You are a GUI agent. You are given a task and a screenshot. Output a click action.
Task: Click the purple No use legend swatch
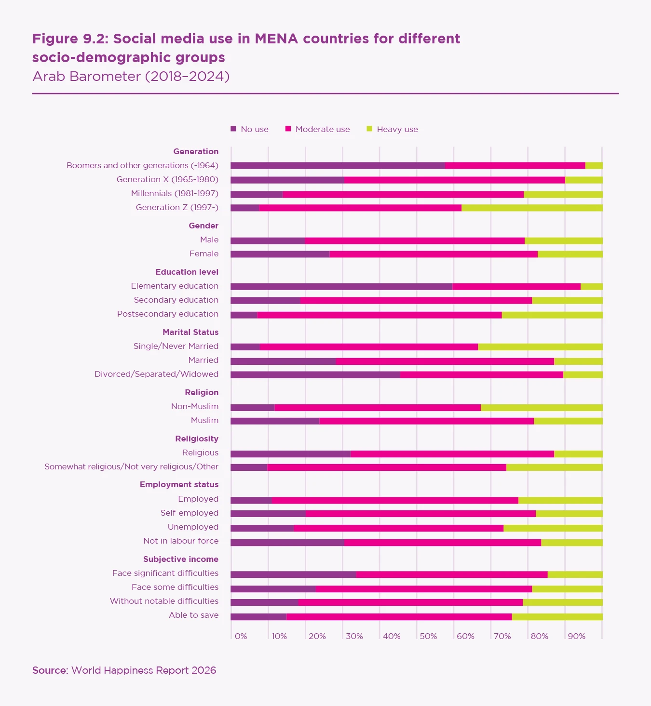coord(233,129)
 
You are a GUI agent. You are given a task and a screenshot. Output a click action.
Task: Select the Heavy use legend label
coord(397,129)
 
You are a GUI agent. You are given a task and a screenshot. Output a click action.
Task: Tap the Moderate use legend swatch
coord(288,129)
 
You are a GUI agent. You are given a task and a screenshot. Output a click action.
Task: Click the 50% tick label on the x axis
coord(428,636)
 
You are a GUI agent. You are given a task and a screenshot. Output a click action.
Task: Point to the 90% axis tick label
coord(576,636)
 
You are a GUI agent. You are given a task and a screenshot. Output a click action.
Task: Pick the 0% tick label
coord(241,636)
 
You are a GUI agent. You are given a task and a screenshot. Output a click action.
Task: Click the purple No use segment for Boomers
coord(338,166)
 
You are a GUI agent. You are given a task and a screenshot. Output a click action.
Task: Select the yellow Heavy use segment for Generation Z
coord(532,208)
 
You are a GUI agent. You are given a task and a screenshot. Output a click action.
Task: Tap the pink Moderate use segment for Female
coord(434,254)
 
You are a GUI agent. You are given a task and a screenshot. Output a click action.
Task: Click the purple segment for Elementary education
coord(341,286)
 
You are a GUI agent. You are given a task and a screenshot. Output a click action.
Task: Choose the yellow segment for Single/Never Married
coord(540,346)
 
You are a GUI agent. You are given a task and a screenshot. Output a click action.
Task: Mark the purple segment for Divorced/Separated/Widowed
coord(315,374)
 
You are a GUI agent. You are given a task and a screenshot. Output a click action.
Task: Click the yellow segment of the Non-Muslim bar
coord(542,407)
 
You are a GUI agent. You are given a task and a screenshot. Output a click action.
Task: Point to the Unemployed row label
coord(193,527)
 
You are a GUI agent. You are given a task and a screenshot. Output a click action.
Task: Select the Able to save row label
coord(193,615)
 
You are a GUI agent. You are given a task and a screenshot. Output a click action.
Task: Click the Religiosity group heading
coord(197,439)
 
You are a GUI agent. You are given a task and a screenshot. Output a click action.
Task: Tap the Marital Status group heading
coord(190,332)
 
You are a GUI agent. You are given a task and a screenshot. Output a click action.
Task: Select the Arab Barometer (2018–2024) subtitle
coord(131,76)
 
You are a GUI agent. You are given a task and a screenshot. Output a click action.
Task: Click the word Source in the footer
coord(50,670)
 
